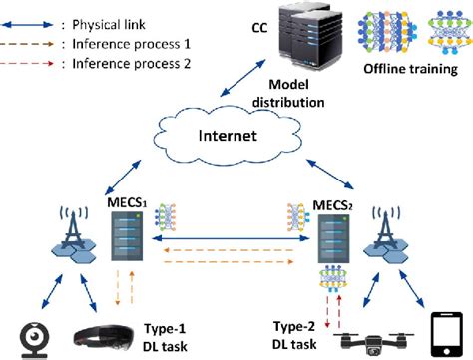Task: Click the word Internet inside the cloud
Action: click(228, 136)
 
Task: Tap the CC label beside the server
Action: click(259, 28)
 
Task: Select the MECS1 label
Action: click(127, 202)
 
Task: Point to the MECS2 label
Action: click(333, 206)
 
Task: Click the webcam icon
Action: click(35, 340)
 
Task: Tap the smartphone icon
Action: click(446, 334)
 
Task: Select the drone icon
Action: click(373, 343)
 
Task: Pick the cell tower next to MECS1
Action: click(74, 233)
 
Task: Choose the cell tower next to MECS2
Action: click(386, 233)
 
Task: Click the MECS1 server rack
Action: click(127, 236)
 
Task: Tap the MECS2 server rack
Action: click(333, 239)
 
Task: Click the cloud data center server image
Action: click(310, 36)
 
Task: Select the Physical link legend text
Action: click(109, 25)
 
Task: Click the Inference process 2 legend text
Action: click(132, 63)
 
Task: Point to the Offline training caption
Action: click(411, 69)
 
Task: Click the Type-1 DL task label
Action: click(165, 337)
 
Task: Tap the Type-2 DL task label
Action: click(294, 335)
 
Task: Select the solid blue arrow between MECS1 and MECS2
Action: click(231, 238)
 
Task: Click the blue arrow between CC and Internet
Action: click(243, 78)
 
